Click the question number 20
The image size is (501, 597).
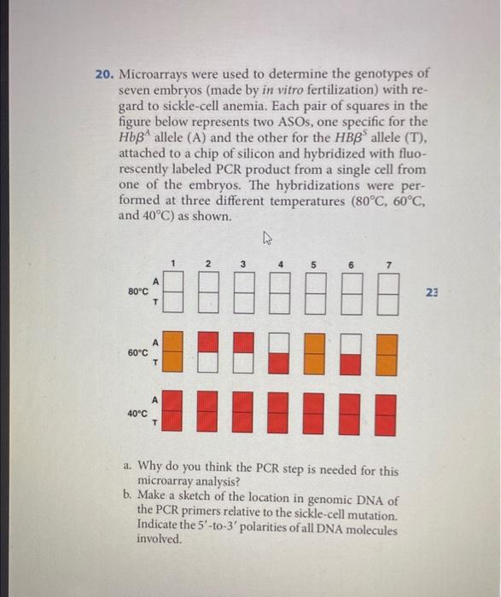tap(103, 74)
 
